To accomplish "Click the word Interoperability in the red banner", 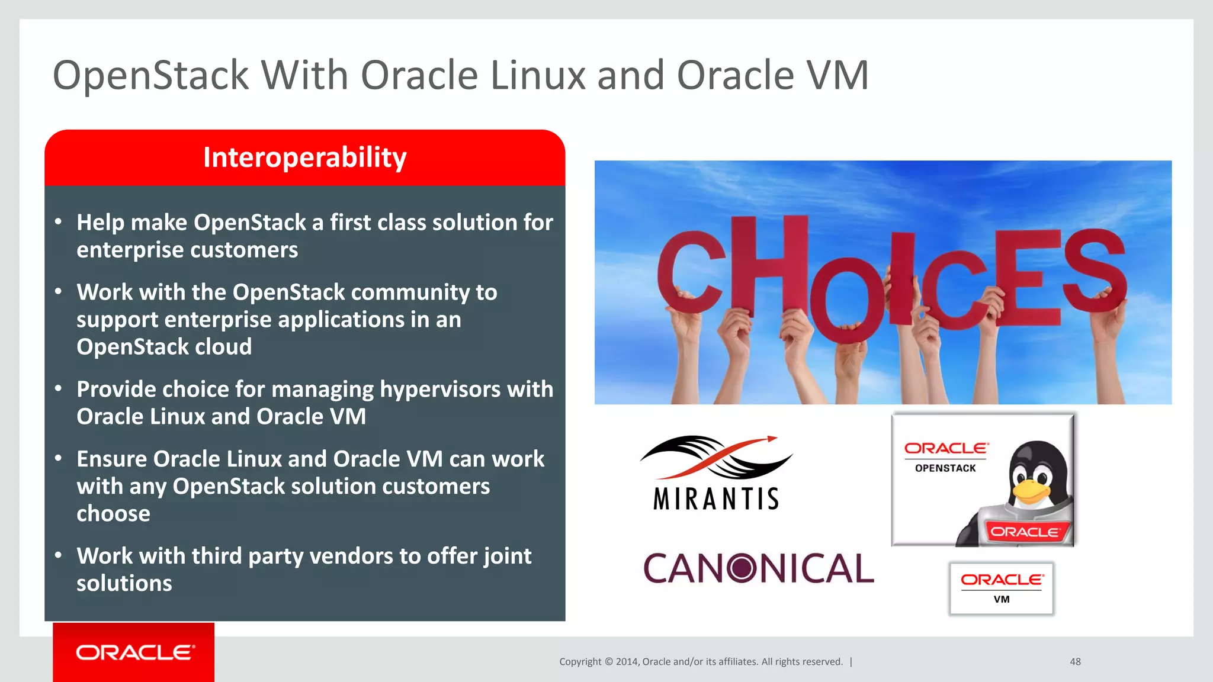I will (304, 157).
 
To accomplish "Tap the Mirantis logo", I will (715, 474).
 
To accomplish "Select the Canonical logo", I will (758, 568).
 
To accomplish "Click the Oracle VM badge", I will (1001, 588).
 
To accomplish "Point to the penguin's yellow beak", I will (1031, 491).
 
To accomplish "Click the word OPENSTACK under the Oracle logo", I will (945, 468).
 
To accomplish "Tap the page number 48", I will (1075, 662).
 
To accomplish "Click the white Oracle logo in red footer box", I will (134, 652).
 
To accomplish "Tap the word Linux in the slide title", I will (538, 76).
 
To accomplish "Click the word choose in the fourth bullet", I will (113, 513).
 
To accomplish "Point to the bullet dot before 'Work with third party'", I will (58, 555).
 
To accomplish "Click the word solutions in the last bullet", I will (124, 584).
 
